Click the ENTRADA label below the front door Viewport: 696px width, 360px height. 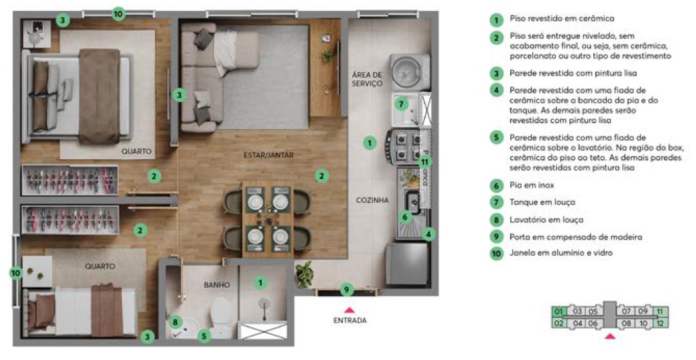coord(350,321)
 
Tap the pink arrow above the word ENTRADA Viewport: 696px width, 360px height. coord(350,309)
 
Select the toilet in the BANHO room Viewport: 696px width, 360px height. coord(222,314)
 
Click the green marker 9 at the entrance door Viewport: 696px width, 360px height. coord(346,290)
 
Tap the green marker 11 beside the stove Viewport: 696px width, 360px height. coord(425,162)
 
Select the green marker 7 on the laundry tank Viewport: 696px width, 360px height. coord(401,104)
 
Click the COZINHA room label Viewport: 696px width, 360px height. coord(372,200)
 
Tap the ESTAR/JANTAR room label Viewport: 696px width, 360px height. coord(269,155)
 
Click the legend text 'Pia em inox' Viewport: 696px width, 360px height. coord(531,185)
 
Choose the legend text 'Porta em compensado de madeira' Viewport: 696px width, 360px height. coord(566,237)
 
